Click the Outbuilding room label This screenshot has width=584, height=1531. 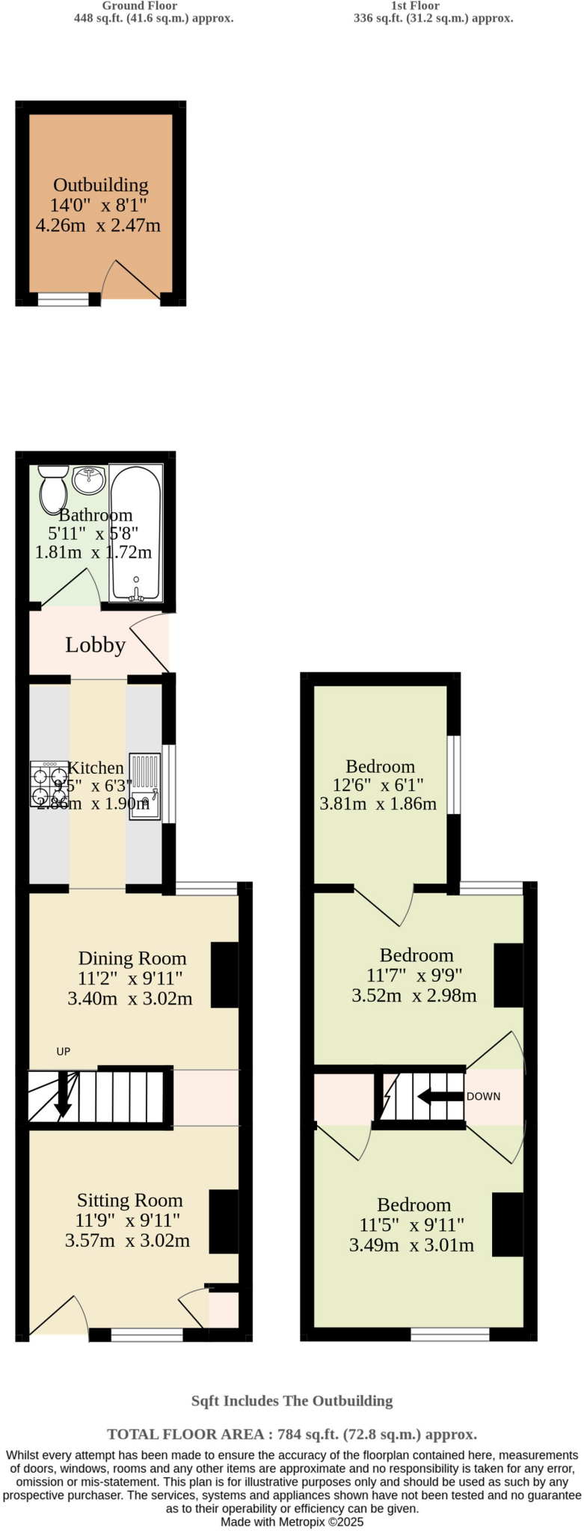tap(100, 185)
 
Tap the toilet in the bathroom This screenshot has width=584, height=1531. tap(52, 488)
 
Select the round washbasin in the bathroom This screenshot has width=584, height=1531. tap(89, 479)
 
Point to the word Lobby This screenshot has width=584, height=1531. tap(95, 645)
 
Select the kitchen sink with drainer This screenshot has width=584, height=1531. tap(144, 786)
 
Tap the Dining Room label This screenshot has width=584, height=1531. tap(132, 958)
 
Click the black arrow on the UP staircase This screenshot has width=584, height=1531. tap(63, 1095)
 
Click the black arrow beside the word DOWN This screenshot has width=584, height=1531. tap(440, 1097)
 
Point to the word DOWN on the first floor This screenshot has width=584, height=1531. tap(483, 1097)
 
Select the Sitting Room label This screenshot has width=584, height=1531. tap(129, 1201)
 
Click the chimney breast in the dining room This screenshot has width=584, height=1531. tap(224, 975)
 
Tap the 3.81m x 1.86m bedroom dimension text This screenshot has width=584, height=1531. tap(378, 804)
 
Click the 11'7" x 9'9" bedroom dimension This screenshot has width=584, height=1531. tap(414, 976)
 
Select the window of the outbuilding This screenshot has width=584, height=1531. tap(63, 300)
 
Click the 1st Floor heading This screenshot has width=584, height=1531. tap(415, 6)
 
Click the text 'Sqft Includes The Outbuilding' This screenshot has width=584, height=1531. tap(292, 1401)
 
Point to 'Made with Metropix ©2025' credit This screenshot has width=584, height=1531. tap(292, 1521)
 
